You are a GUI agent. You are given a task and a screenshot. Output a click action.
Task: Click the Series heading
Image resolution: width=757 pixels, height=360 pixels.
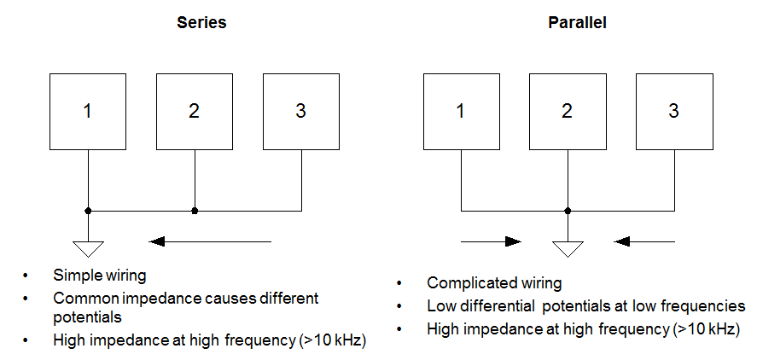201,23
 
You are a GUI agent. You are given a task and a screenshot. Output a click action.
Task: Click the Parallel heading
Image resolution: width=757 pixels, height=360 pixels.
577,23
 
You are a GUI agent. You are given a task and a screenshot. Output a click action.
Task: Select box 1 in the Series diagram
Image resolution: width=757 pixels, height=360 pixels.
88,111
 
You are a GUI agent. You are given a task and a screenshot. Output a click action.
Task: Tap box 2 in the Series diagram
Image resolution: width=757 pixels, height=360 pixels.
195,111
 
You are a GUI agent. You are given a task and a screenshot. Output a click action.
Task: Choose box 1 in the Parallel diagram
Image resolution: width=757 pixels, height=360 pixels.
461,111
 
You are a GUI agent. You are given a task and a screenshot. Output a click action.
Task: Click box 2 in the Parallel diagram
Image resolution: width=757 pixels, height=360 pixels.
568,111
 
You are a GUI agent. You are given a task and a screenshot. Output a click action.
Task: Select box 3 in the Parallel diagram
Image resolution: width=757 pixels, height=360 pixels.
674,111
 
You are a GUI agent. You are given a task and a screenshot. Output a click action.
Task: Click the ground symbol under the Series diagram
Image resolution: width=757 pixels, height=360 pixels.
88,248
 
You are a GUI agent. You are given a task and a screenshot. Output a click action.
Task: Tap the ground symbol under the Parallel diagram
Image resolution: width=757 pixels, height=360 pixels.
568,248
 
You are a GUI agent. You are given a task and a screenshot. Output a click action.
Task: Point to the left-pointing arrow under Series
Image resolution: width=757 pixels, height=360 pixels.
210,241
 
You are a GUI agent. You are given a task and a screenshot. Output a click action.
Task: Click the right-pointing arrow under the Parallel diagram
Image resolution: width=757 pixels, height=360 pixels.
491,241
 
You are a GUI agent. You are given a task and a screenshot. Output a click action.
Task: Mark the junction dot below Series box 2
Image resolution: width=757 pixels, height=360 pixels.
195,210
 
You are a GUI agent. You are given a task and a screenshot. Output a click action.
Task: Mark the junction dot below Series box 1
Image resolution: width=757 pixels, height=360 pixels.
88,210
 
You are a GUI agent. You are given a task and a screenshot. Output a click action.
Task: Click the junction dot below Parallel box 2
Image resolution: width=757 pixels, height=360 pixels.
568,210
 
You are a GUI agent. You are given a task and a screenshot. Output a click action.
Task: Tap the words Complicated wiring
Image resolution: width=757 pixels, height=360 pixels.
494,283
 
